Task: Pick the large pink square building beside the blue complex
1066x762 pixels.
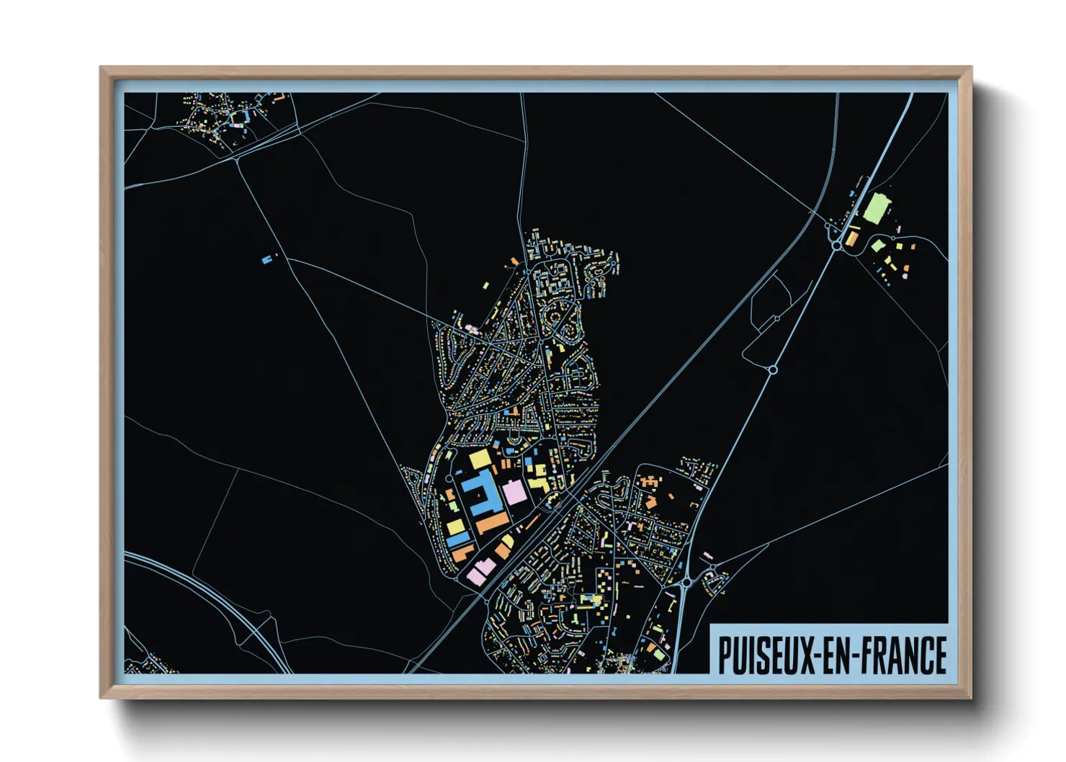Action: pyautogui.click(x=514, y=493)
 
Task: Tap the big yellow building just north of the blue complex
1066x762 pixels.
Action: pyautogui.click(x=480, y=459)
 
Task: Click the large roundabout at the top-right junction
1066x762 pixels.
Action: pyautogui.click(x=836, y=246)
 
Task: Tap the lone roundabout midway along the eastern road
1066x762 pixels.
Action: pyautogui.click(x=773, y=369)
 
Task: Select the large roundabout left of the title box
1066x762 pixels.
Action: pyautogui.click(x=686, y=582)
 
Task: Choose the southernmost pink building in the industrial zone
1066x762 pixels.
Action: pyautogui.click(x=476, y=575)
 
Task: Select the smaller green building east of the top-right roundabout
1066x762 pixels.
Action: pyautogui.click(x=877, y=246)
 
